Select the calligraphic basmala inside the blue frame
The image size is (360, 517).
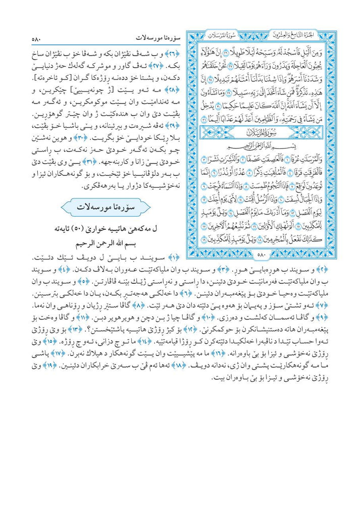261,147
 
